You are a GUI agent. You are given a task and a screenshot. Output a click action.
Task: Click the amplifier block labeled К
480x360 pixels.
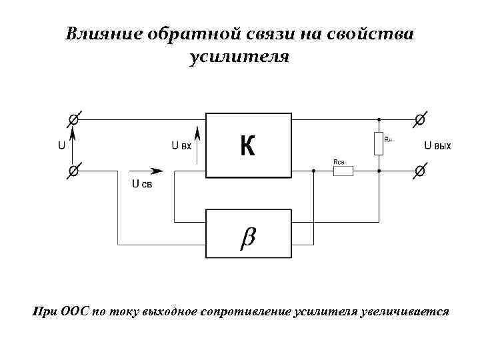coord(249,145)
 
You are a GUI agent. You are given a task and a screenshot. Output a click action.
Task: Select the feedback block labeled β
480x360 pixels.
coord(249,233)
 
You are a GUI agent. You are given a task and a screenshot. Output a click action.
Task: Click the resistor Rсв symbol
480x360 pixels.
coord(343,171)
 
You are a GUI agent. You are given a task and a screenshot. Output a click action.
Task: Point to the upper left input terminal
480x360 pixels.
coord(73,120)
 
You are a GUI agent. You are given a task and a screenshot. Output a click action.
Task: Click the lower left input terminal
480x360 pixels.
coord(73,171)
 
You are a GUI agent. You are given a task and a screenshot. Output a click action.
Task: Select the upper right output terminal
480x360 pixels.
coord(419,120)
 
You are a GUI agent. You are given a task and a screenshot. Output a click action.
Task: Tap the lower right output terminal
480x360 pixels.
coord(419,171)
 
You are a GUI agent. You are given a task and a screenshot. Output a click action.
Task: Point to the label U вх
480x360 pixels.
coord(181,145)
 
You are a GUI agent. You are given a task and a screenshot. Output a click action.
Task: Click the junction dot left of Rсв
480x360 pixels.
coord(313,171)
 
